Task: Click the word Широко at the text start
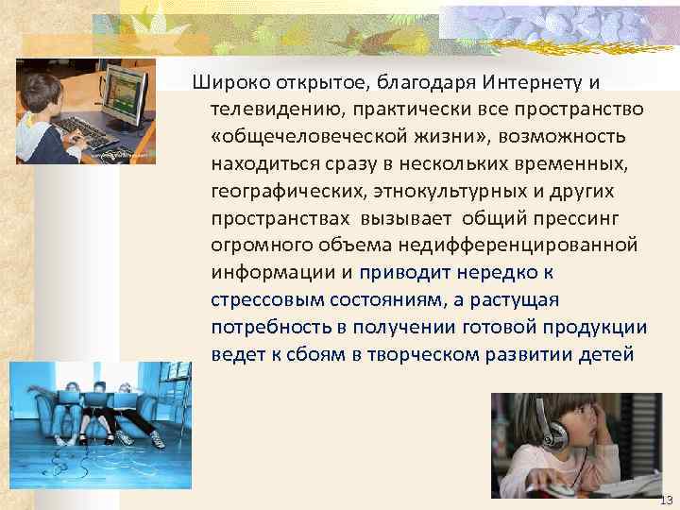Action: pos(226,82)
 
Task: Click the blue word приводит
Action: pos(407,273)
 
